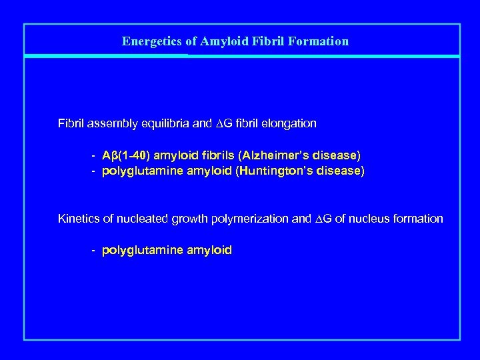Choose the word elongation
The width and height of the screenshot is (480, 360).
pos(289,123)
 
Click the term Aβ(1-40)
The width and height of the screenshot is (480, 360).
pos(126,155)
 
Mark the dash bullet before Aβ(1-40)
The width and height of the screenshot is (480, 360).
pos(94,155)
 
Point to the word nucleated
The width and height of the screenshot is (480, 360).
pos(134,219)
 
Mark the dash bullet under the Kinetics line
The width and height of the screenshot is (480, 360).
pos(94,251)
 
